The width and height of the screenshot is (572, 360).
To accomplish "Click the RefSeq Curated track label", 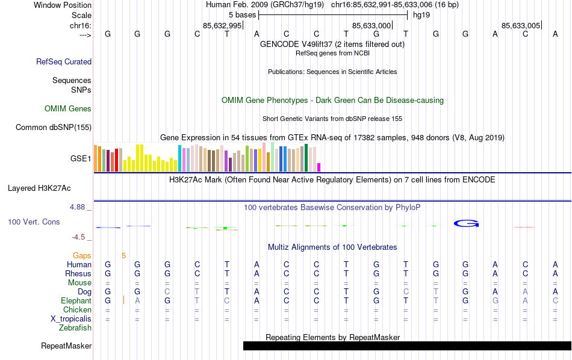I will [64, 61].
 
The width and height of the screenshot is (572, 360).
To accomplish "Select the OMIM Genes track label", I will [68, 109].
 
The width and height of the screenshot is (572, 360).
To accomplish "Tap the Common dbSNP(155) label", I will [54, 127].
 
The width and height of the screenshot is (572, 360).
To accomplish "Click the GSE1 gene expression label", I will [81, 159].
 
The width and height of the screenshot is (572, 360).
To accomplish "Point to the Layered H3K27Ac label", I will [49, 188].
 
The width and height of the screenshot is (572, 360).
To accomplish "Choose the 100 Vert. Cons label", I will [34, 222].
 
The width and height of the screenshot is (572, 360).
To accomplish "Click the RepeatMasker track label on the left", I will [66, 346].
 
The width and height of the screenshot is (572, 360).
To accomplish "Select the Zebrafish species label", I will [75, 328].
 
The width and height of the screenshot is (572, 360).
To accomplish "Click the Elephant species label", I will [76, 300].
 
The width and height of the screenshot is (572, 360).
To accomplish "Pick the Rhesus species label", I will [78, 273].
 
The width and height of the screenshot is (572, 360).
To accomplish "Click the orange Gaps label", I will [82, 255].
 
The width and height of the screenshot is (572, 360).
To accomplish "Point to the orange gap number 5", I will [123, 255].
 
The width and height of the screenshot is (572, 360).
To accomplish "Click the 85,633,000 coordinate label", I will [371, 25].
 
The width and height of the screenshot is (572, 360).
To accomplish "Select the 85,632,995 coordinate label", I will [222, 25].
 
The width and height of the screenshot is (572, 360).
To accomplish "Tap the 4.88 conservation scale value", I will [78, 207].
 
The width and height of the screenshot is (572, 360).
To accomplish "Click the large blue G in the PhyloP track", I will [465, 224].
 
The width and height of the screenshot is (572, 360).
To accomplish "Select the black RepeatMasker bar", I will [407, 346].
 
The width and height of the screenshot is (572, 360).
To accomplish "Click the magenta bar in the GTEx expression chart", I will [319, 167].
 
